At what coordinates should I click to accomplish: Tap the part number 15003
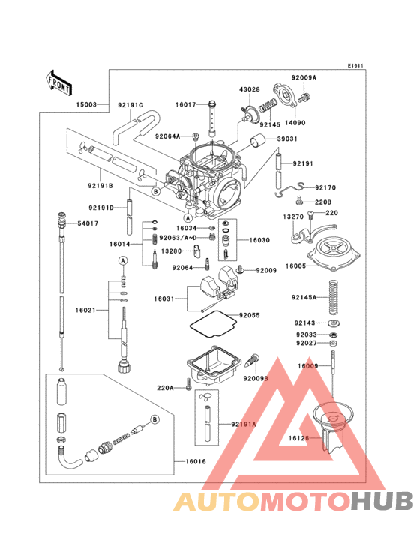[85, 105]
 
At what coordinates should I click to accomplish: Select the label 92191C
[130, 105]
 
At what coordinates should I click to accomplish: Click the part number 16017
[187, 105]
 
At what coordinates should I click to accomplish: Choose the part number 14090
[295, 122]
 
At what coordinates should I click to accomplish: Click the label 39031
[287, 139]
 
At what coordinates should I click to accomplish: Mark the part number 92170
[326, 188]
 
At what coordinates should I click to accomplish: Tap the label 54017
[88, 223]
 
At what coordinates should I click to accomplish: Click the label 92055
[251, 316]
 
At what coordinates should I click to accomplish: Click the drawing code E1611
[355, 66]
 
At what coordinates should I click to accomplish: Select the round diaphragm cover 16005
[333, 251]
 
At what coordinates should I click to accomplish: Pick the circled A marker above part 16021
[123, 259]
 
